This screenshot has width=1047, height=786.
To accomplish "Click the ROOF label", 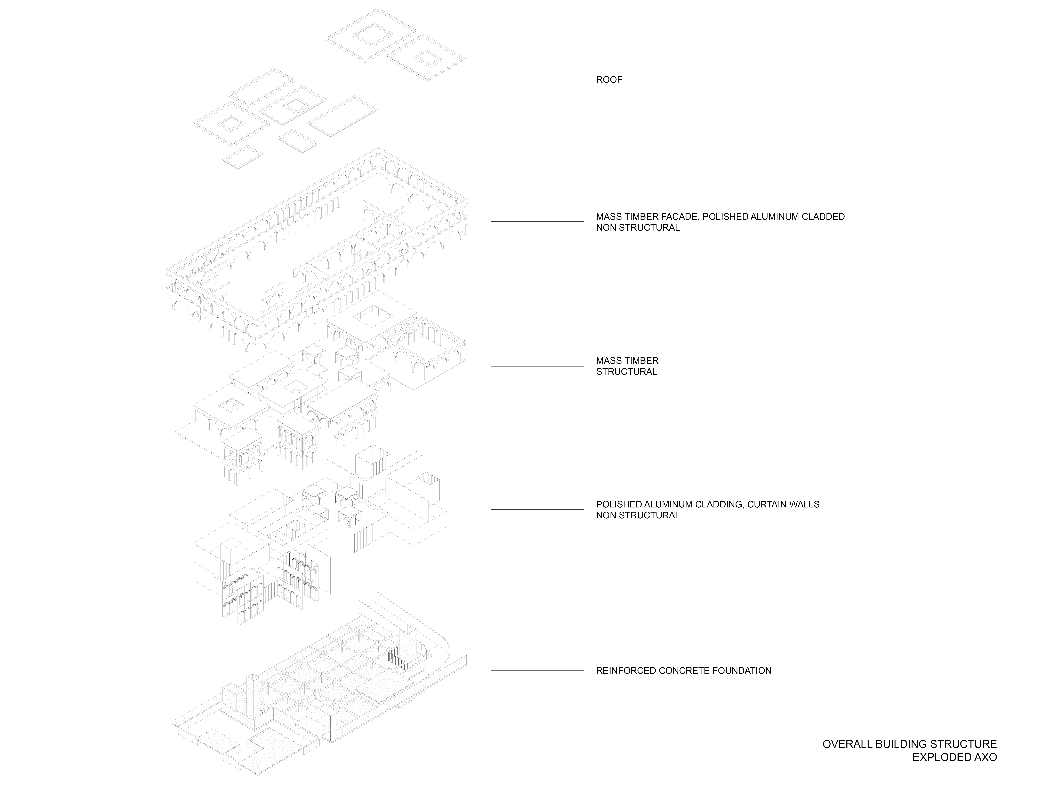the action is pos(609,80).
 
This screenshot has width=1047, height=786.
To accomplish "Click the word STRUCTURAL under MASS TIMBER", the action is pos(626,371).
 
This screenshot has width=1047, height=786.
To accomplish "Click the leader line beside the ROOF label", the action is pos(537,81).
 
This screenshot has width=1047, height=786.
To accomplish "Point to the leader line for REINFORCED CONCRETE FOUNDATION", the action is pos(537,670).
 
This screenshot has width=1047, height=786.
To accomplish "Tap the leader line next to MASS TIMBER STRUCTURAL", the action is pos(537,366).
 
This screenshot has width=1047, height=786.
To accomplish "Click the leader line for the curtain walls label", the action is pos(537,509).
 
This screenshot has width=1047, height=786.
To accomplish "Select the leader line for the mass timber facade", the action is pos(537,221).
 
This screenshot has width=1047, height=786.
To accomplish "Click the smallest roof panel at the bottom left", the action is pos(243,157).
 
